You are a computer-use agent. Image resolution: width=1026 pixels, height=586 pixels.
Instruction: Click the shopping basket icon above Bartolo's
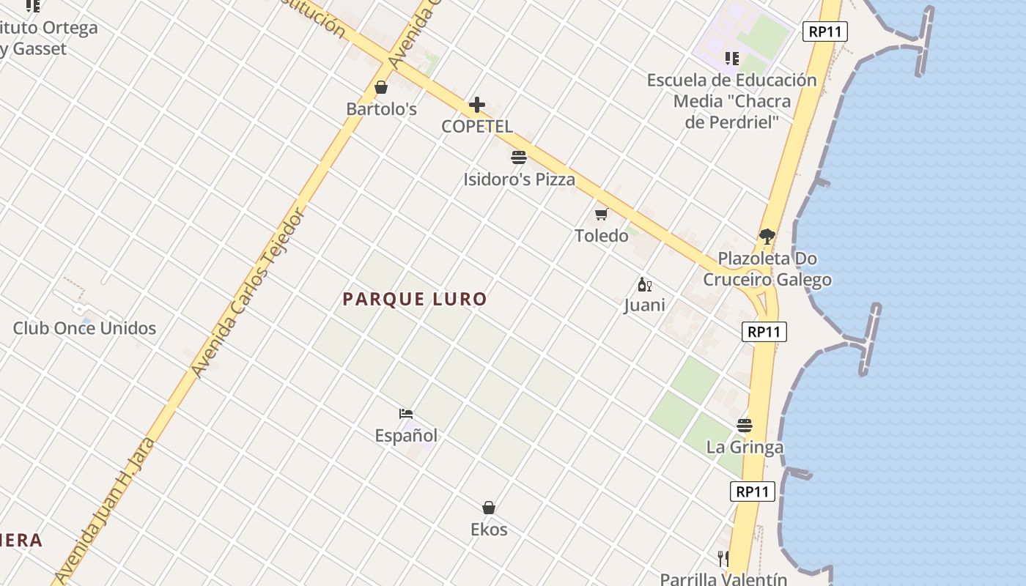tap(381, 88)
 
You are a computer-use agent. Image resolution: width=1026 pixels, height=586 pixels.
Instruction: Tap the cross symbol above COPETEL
tap(477, 105)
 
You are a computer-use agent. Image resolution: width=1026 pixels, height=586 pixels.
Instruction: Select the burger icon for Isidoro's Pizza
tap(519, 157)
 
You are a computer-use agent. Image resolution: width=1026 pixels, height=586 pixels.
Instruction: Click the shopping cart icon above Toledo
tap(602, 214)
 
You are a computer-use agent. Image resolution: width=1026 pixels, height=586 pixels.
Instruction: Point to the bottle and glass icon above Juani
tap(644, 285)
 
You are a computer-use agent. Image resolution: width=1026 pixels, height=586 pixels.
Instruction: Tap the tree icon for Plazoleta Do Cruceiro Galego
tap(767, 237)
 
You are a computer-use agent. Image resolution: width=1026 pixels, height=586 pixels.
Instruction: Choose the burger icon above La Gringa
tap(745, 426)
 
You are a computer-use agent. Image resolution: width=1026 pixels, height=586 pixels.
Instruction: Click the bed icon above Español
tap(406, 414)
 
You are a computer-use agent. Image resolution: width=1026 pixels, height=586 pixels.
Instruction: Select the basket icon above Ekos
tap(489, 508)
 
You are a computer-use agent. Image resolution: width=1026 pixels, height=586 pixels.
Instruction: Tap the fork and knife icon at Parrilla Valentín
tap(723, 559)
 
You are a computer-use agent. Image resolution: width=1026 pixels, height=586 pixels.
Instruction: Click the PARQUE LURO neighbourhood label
tap(415, 299)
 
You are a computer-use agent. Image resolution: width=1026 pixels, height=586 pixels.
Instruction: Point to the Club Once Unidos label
tap(84, 328)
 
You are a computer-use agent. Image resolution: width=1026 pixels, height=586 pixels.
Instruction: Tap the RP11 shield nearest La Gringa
tap(753, 492)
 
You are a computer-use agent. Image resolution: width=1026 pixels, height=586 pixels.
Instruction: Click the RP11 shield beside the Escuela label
tap(825, 31)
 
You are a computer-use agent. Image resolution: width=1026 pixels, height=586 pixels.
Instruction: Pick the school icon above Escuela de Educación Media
tap(731, 59)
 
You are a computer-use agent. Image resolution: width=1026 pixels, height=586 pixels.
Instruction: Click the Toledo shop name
tap(602, 236)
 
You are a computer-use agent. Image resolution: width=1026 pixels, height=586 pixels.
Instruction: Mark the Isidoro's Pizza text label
tap(519, 179)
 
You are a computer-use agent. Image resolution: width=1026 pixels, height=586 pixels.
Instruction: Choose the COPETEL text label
tap(477, 126)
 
